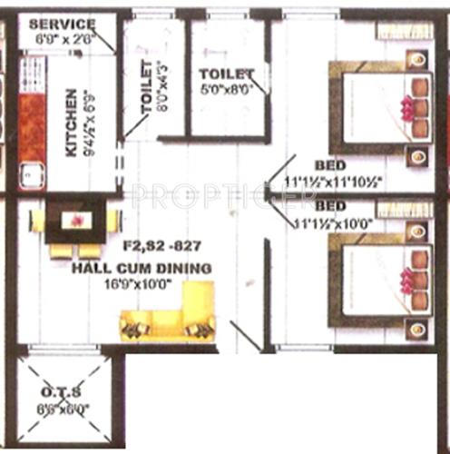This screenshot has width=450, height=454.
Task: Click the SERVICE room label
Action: (x=62, y=23)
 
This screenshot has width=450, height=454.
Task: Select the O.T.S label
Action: (x=64, y=392)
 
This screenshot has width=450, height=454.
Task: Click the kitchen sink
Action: (x=30, y=173)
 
